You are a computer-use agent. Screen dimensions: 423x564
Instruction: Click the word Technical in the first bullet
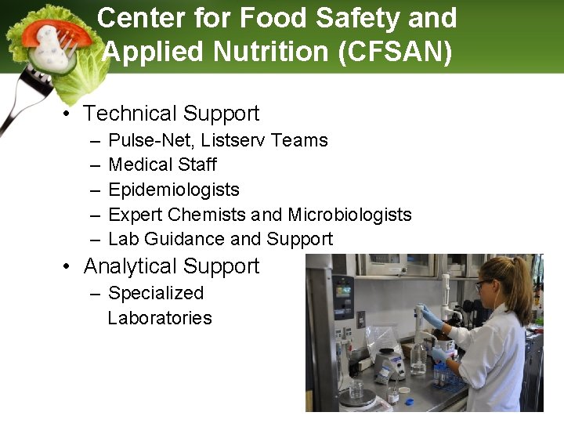tap(130, 114)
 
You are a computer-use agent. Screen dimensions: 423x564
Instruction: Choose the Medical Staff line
tap(162, 164)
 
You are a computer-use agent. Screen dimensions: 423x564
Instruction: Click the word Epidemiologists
tap(173, 190)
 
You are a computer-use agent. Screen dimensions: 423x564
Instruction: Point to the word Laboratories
tap(160, 318)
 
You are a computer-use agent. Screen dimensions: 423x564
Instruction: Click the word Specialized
tap(156, 293)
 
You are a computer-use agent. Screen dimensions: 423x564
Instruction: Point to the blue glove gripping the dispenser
tap(430, 317)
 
